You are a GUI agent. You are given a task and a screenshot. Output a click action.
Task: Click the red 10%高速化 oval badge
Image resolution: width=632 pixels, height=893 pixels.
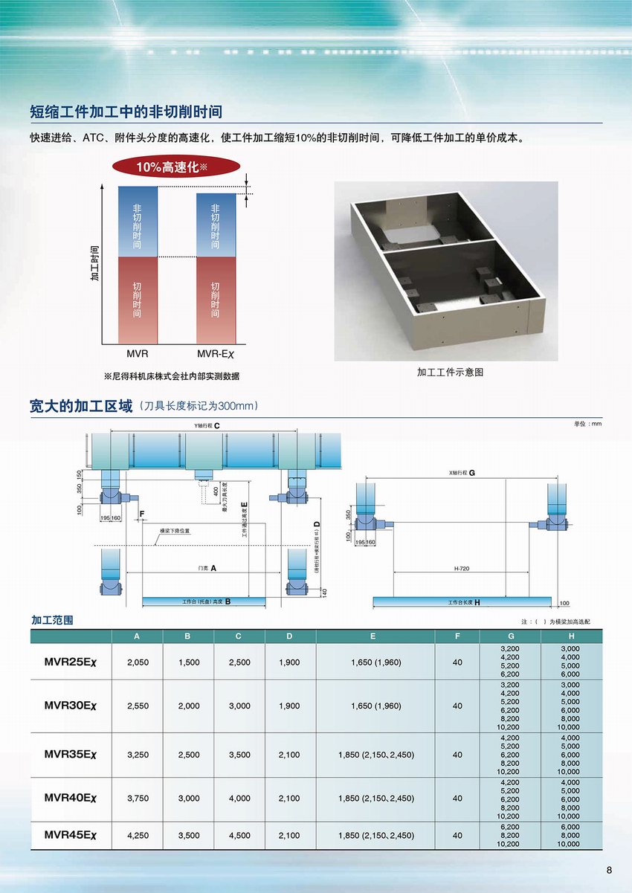(176, 167)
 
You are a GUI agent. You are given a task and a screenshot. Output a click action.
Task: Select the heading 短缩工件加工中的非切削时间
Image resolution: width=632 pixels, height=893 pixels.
(126, 112)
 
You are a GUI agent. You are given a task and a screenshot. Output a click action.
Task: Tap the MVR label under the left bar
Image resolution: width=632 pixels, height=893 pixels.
(138, 355)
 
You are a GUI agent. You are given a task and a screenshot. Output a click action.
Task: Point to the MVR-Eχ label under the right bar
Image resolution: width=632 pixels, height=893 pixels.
(215, 355)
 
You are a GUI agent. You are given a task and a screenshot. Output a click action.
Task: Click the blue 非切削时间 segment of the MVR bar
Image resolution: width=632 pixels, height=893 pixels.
(138, 221)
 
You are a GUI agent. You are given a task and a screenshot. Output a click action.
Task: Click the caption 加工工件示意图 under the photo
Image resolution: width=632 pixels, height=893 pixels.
(450, 372)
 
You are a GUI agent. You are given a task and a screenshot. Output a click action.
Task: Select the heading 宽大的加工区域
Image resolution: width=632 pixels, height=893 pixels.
(81, 406)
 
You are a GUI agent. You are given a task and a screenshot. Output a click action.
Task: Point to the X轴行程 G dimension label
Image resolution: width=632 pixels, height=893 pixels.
(462, 473)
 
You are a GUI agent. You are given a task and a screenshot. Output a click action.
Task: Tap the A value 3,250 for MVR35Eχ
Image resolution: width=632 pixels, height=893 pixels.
(138, 755)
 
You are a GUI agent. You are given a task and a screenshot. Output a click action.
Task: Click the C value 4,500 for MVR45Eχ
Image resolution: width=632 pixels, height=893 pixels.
(239, 835)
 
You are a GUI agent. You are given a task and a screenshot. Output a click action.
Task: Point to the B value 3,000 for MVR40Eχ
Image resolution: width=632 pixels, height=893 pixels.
(189, 798)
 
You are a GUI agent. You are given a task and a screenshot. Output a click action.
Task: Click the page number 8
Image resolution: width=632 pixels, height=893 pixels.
(609, 871)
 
